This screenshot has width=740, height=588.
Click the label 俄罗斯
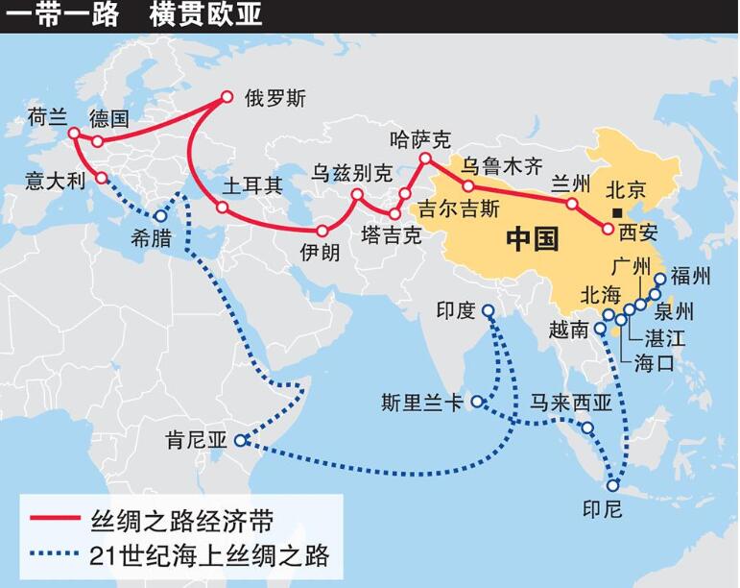pyautogui.click(x=275, y=99)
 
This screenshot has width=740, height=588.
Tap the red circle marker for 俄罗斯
pyautogui.click(x=227, y=96)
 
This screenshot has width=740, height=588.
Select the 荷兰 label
pyautogui.click(x=48, y=117)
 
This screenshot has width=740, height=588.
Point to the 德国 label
pyautogui.click(x=108, y=119)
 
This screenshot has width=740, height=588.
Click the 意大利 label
pyautogui.click(x=57, y=180)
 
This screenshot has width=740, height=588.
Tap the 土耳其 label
pyautogui.click(x=252, y=185)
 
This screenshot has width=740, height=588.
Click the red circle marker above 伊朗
pyautogui.click(x=322, y=231)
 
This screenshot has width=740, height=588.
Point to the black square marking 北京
pyautogui.click(x=619, y=213)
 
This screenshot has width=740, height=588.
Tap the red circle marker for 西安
pyautogui.click(x=608, y=229)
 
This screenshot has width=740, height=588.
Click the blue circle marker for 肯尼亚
pyautogui.click(x=240, y=441)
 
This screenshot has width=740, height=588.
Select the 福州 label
pyautogui.click(x=691, y=278)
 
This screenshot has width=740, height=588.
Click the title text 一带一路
pyautogui.click(x=61, y=16)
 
